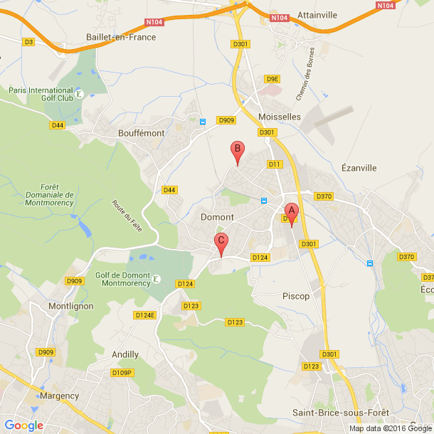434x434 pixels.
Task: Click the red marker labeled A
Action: coord(290,212)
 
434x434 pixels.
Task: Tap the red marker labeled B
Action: coord(238,151)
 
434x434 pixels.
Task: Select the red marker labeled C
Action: coord(221,242)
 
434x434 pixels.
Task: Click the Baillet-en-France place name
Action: coord(120,37)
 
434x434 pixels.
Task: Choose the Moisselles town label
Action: coord(280,116)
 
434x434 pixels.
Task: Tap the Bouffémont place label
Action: coord(142,133)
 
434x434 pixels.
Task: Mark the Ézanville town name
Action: coord(359,168)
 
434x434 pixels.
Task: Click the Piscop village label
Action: coord(296,296)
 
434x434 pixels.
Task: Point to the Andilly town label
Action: coord(125,354)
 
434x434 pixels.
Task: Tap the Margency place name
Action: coord(59,396)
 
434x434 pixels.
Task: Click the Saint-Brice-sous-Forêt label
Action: coord(333,413)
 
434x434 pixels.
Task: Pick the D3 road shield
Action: coord(28,42)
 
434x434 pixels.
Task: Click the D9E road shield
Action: coord(271,80)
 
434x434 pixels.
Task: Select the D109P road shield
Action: coord(122,372)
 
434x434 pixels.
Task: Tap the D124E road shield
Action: coord(144,314)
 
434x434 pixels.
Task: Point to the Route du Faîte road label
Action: coord(126,213)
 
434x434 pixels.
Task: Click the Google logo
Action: coord(24,425)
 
